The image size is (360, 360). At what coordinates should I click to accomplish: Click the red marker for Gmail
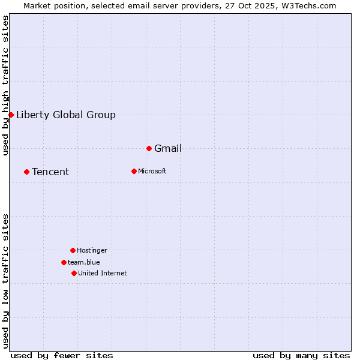click(x=149, y=148)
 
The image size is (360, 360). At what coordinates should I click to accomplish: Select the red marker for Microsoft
click(x=134, y=171)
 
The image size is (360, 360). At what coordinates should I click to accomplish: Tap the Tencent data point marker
click(x=26, y=172)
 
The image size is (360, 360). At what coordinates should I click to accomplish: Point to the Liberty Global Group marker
click(x=11, y=115)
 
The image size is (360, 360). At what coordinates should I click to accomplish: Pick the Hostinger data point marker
click(x=73, y=250)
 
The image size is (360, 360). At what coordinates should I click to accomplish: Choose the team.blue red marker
click(x=64, y=262)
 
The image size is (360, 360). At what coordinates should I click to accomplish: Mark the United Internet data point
click(x=74, y=273)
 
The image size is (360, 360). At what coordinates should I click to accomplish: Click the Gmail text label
click(x=168, y=149)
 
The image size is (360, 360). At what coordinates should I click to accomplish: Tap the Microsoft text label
click(x=152, y=172)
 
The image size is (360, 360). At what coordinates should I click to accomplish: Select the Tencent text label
click(x=50, y=172)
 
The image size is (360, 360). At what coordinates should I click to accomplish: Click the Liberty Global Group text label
click(x=66, y=115)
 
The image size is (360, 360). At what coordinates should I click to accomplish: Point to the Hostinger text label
click(x=92, y=251)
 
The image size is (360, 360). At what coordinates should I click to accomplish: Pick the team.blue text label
click(x=84, y=263)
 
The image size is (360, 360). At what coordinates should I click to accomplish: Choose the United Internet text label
click(x=103, y=274)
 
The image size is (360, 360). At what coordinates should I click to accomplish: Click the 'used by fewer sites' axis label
click(x=62, y=355)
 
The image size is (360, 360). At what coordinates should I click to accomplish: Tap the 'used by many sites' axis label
click(x=301, y=355)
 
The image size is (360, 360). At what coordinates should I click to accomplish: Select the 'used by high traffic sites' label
click(x=6, y=85)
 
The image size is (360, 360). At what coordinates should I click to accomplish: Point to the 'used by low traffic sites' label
click(x=6, y=281)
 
